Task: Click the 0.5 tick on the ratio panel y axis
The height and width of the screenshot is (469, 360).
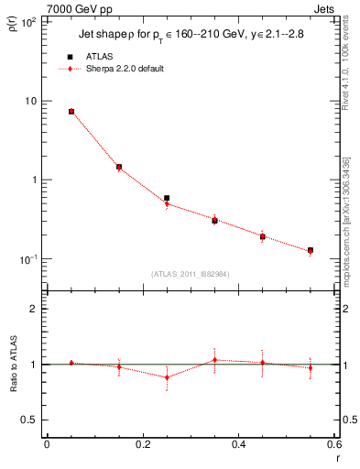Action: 30,420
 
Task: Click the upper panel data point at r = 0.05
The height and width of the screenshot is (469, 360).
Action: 71,112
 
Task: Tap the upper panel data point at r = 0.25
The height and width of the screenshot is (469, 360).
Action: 167,198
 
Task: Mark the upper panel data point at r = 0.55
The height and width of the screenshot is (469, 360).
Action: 311,250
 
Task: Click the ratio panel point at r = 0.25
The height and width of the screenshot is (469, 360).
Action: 167,376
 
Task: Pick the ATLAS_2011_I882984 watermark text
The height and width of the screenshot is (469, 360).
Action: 191,273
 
